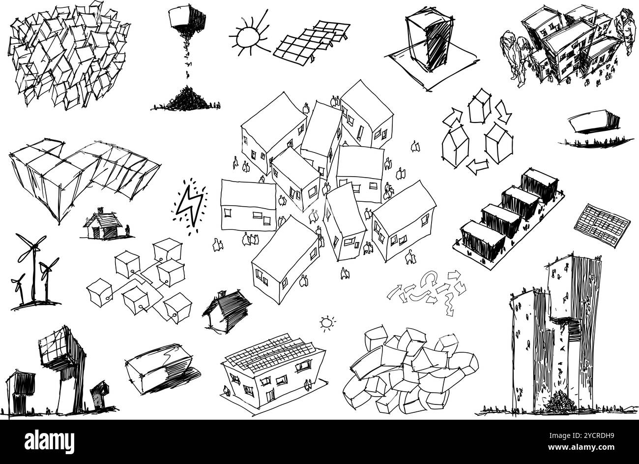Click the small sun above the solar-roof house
(x=326, y=323)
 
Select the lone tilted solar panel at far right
(x=602, y=225)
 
